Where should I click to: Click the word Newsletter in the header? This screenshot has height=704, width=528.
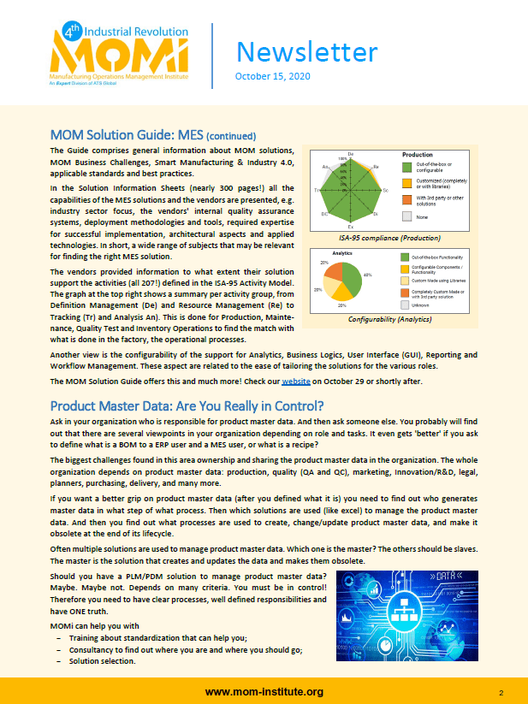(x=306, y=51)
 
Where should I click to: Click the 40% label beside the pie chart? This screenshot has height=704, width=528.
(x=368, y=275)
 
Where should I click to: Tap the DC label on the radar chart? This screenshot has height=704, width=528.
(x=324, y=214)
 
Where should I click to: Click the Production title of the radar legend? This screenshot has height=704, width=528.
(x=418, y=155)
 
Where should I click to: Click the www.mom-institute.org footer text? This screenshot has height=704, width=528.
(x=264, y=691)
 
